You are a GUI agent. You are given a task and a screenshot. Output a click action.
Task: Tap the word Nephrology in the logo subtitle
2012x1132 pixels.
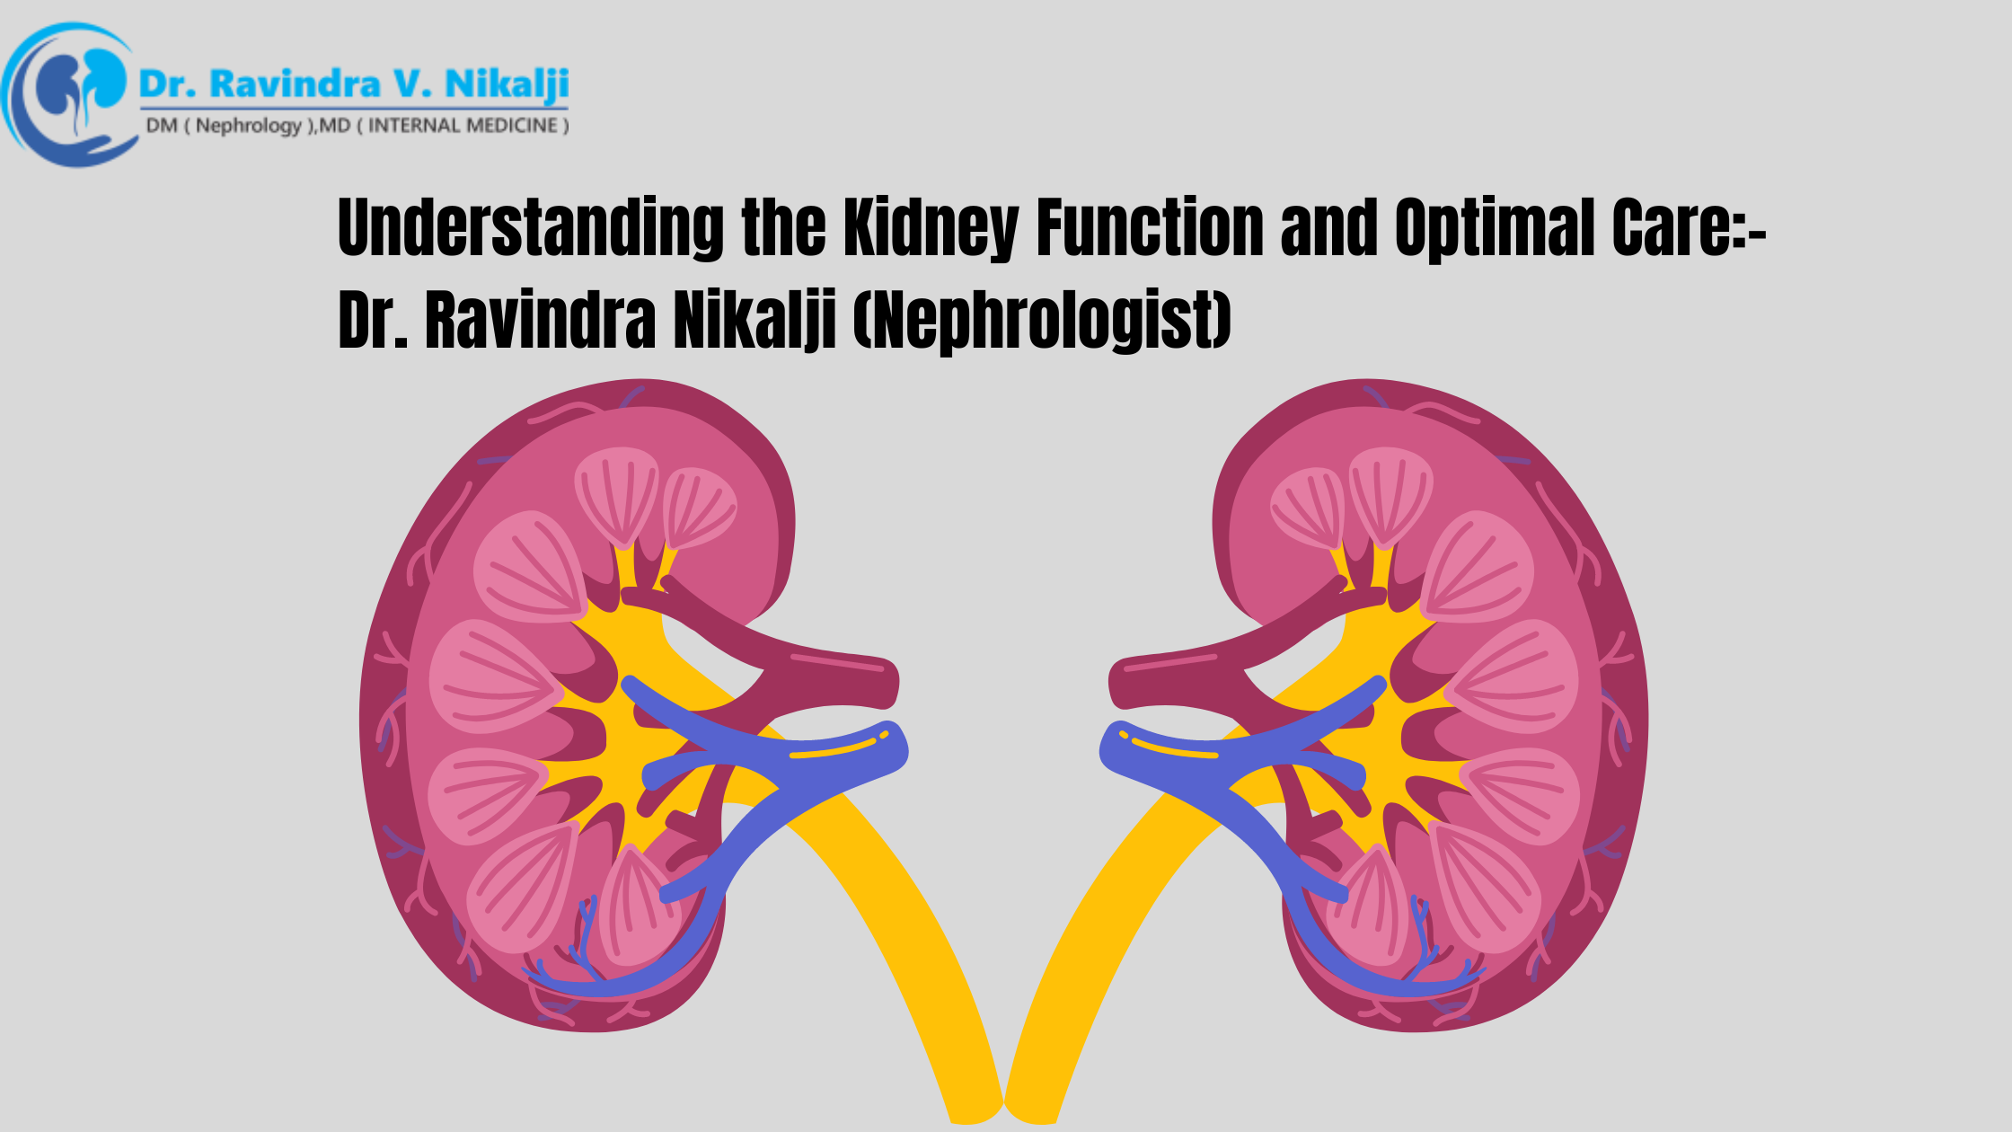tap(249, 126)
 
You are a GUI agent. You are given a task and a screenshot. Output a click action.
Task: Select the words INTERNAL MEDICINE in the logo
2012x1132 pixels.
tap(463, 126)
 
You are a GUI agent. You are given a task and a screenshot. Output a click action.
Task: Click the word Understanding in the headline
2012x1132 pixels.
tap(530, 228)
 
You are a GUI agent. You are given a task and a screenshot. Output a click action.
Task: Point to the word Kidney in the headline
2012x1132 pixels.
tap(930, 228)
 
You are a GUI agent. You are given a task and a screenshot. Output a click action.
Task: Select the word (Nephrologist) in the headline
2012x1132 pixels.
tap(1042, 320)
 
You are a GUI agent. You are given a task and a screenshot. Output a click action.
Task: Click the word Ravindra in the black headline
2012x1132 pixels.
tap(540, 320)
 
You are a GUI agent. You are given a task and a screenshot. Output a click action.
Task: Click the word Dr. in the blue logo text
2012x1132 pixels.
tap(166, 84)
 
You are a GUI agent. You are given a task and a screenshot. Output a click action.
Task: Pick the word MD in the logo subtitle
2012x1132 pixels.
tap(335, 126)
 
